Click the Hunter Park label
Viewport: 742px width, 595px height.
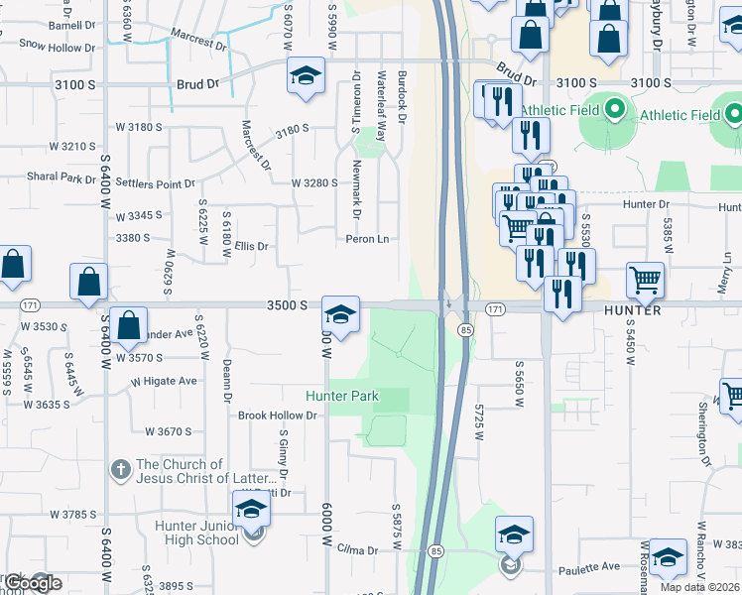pos(342,396)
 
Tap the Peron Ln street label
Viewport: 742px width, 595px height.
pos(367,239)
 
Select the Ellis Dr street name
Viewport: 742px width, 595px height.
pos(252,246)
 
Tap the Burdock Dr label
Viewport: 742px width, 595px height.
pos(402,97)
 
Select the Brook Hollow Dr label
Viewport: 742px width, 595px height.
pos(277,416)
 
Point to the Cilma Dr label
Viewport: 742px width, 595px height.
pos(358,549)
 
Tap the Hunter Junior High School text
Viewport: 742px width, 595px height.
pos(195,533)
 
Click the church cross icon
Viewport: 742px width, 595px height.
pos(119,469)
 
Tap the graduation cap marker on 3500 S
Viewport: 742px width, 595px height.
pos(340,316)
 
